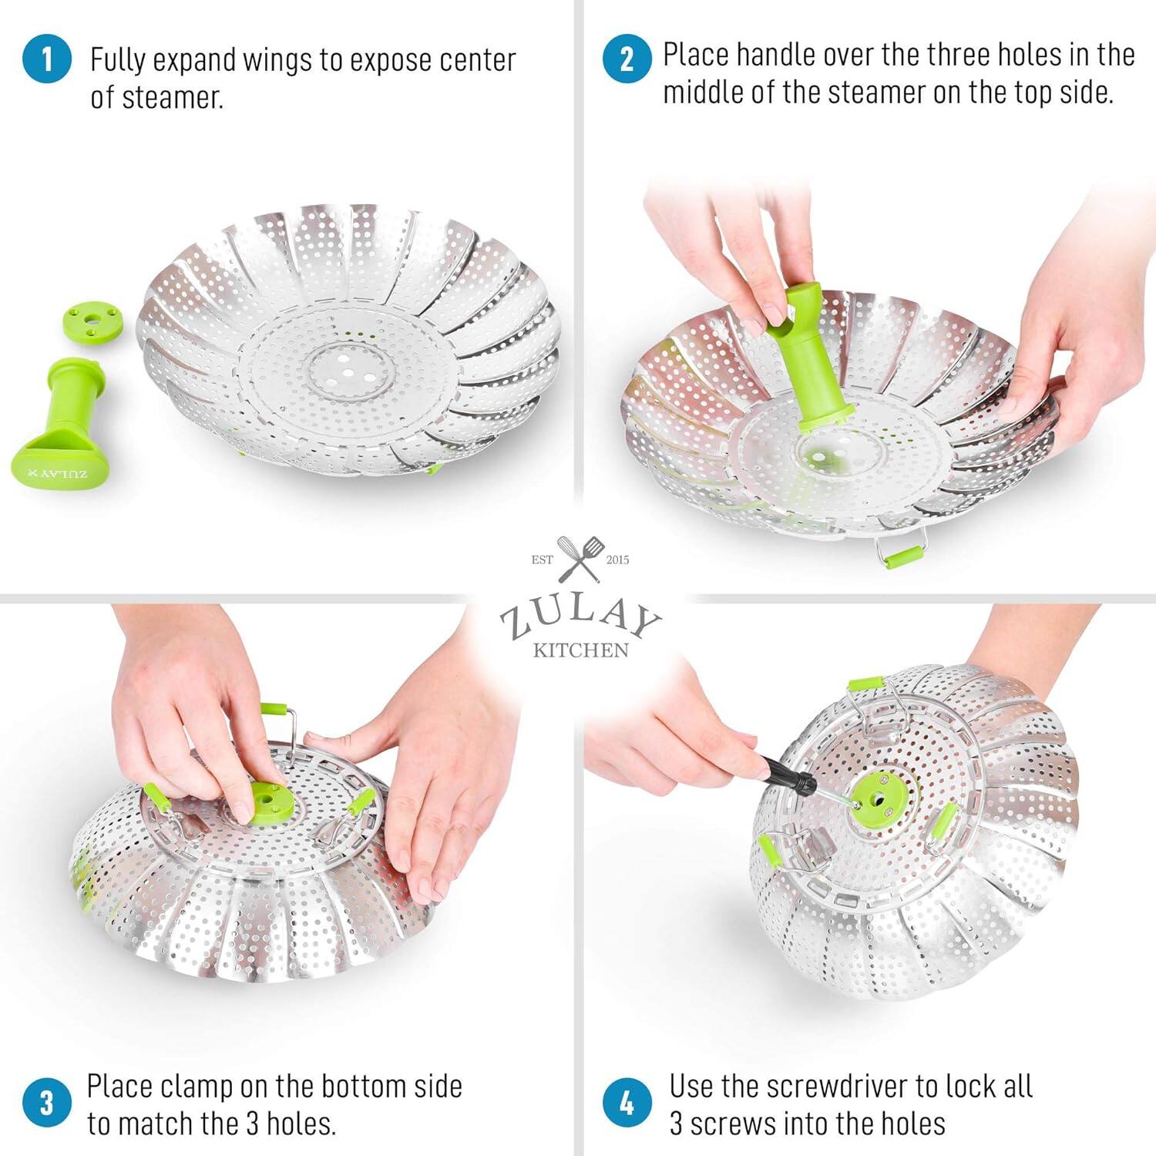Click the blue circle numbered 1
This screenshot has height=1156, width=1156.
[47, 59]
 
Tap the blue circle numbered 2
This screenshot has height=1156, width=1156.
[627, 58]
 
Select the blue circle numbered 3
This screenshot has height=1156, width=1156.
[47, 1103]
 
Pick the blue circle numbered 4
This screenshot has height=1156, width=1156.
[627, 1103]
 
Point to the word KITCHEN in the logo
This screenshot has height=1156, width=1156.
[581, 650]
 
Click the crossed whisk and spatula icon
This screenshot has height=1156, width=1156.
[579, 559]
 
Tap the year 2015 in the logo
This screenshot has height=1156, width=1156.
[617, 560]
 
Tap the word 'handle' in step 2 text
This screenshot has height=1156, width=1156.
[776, 55]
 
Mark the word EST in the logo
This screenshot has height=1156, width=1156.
[542, 560]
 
